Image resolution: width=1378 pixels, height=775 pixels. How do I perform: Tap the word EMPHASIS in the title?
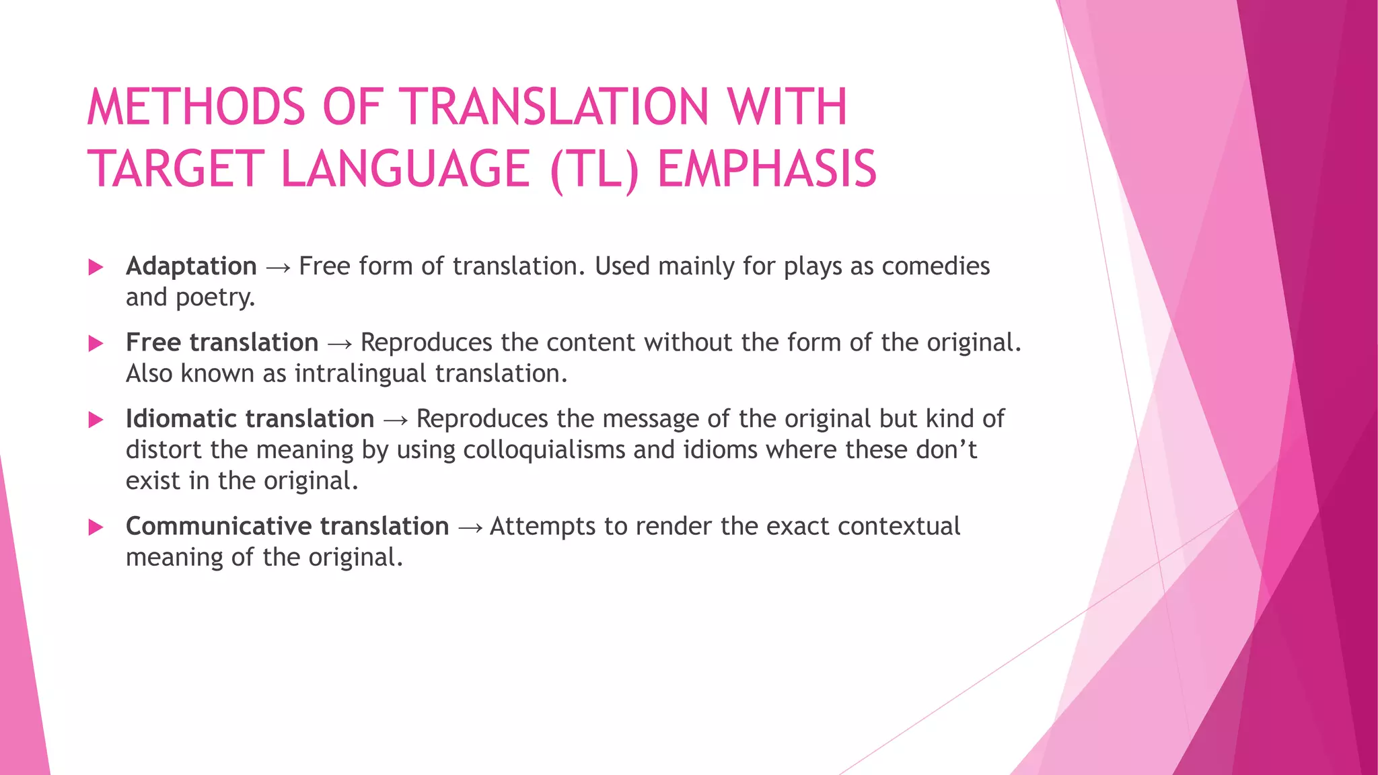coord(767,169)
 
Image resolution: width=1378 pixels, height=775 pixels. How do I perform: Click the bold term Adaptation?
coord(191,266)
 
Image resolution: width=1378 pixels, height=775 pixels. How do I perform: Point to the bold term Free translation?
coord(222,342)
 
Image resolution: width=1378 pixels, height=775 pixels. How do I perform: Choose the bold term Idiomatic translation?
coord(250,418)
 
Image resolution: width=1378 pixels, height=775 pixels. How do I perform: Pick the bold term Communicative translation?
coord(287,526)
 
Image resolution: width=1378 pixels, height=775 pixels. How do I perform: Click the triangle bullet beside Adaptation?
coord(96,267)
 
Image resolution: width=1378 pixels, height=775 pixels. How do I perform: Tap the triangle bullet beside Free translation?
coord(96,344)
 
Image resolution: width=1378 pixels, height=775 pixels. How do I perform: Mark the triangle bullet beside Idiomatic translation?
coord(96,420)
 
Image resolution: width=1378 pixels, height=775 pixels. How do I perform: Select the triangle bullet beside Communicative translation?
coord(96,527)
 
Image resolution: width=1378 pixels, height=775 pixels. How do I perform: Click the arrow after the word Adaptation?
coord(278,268)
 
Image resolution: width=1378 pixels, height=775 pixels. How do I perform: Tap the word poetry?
coord(215,298)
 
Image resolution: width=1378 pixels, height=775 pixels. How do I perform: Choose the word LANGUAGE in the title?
coord(405,169)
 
